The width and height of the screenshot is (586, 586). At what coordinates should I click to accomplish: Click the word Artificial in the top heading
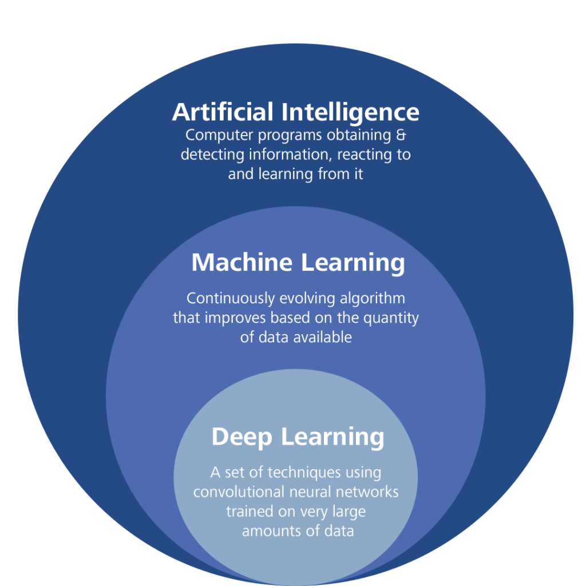pyautogui.click(x=223, y=112)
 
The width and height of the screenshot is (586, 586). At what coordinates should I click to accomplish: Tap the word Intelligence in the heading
pyautogui.click(x=350, y=112)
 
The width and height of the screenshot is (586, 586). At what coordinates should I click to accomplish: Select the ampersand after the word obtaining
pyautogui.click(x=400, y=136)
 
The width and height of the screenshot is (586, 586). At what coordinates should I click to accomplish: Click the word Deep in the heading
pyautogui.click(x=241, y=437)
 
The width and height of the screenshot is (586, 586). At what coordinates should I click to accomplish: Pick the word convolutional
pyautogui.click(x=239, y=492)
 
